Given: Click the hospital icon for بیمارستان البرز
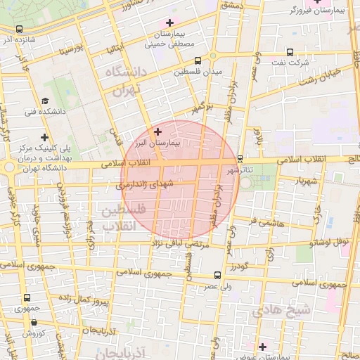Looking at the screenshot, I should (157, 131).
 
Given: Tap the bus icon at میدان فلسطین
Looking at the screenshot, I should (198, 60).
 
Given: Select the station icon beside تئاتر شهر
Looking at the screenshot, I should (240, 159).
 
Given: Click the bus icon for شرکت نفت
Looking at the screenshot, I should (290, 52).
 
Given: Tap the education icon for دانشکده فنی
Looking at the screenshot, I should (45, 101).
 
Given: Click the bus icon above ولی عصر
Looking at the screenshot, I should (217, 276).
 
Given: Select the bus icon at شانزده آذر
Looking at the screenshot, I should (18, 30).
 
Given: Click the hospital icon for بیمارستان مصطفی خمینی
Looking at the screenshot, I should (169, 22).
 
